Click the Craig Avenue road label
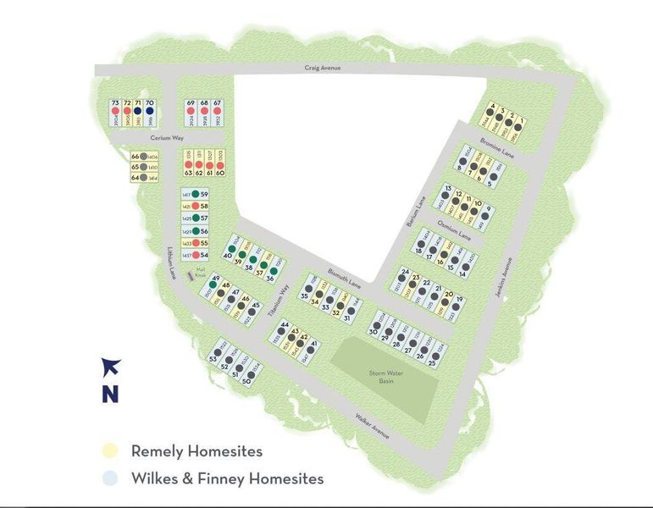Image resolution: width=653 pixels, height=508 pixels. [323, 69]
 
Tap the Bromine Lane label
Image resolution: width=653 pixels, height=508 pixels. [497, 146]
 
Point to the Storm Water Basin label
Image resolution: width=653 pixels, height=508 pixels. [384, 376]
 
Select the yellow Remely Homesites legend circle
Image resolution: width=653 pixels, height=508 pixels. [112, 451]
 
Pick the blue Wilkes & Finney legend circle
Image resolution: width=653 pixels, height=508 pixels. [112, 479]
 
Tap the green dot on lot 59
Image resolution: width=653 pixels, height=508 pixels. [195, 195]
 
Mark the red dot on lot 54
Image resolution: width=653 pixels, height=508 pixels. [195, 255]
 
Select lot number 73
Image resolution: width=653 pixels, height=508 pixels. [115, 103]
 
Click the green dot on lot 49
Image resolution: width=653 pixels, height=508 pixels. [215, 284]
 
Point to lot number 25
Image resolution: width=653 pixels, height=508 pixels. [432, 363]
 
